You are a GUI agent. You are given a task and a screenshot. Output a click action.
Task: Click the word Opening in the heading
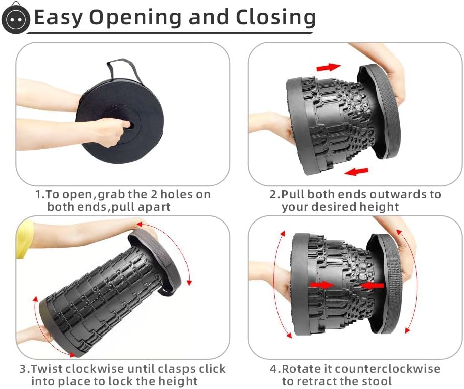point(135,17)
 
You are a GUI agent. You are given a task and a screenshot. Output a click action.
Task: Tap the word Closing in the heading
point(275,17)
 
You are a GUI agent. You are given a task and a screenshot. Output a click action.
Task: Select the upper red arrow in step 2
point(329,67)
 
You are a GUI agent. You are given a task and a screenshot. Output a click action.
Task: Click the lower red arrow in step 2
point(356,171)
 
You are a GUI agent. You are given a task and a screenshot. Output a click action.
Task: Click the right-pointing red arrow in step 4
point(322,285)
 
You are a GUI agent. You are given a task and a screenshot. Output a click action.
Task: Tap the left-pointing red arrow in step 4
point(372,286)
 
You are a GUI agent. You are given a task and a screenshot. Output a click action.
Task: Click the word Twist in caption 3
point(48,369)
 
